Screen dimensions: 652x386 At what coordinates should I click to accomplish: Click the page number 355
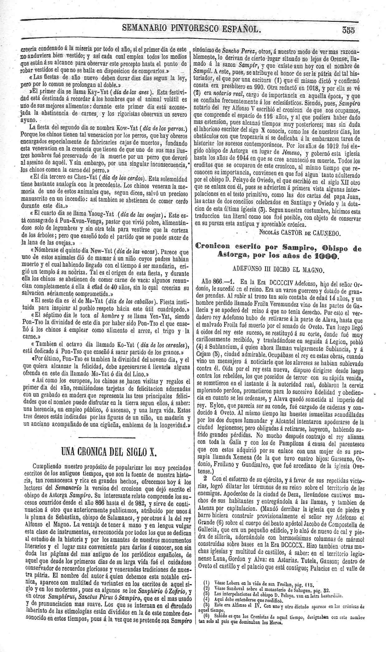click(349, 30)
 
